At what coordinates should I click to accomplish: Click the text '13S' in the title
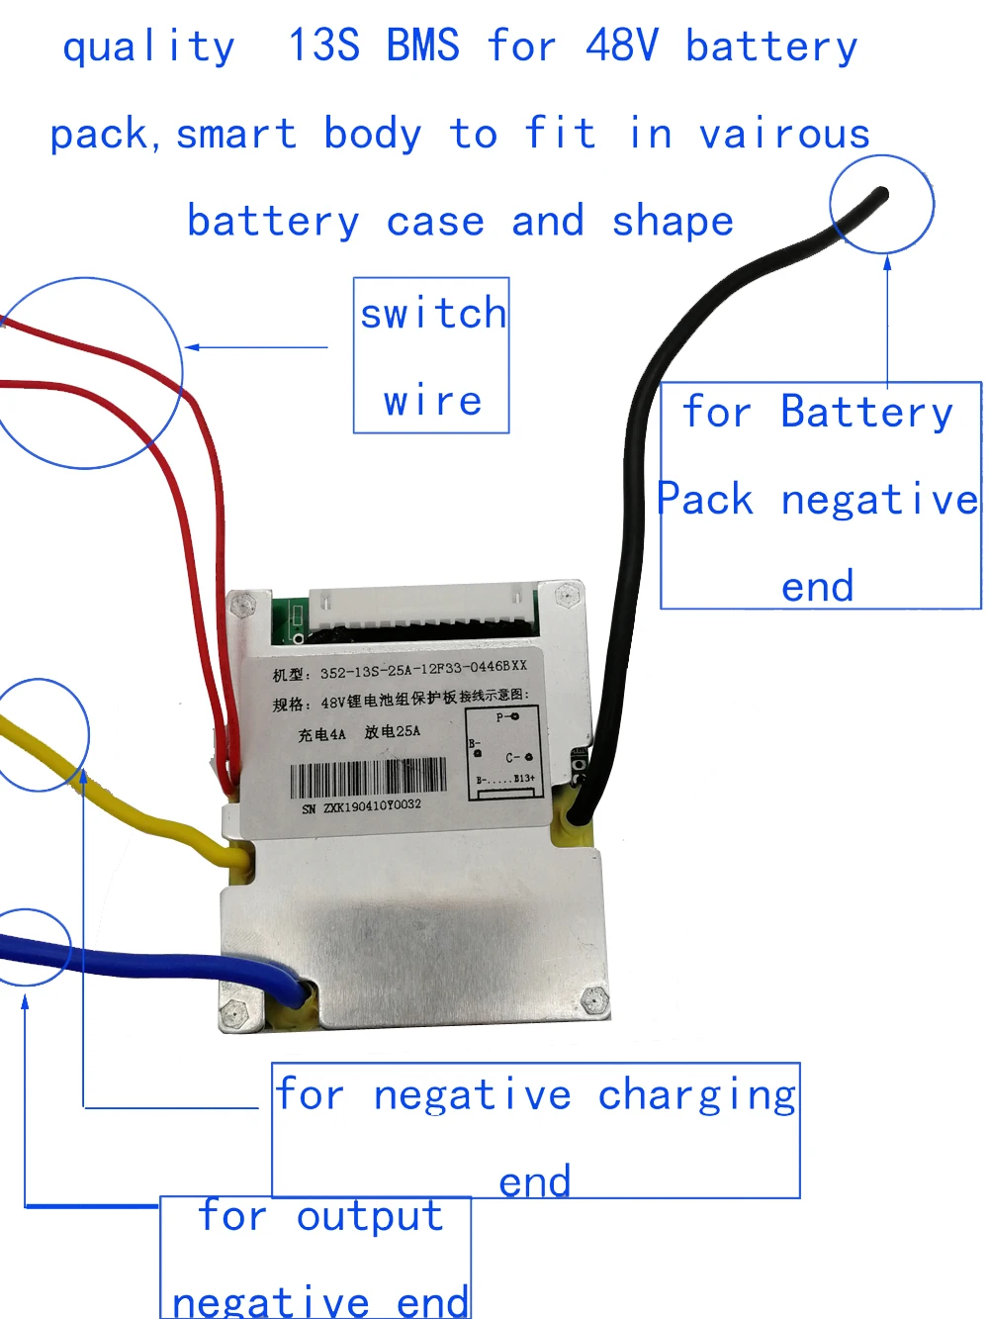coord(323,46)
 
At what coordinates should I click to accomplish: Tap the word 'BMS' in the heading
coord(422,46)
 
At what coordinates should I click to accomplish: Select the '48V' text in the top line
coord(621,46)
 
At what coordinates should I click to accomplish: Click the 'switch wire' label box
coord(431,355)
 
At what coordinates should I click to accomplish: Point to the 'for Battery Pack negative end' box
coord(820,495)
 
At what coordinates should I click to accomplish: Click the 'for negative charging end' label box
coord(535,1130)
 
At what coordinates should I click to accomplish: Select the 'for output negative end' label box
coord(315,1257)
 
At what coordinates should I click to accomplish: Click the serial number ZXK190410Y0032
coord(372,806)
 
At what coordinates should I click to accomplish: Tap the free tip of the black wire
coord(882,194)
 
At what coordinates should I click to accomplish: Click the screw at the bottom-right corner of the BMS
coord(594,1000)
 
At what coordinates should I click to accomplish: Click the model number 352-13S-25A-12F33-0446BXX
coord(423,670)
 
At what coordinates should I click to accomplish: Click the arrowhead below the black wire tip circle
coord(887,263)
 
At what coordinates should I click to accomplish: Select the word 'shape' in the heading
coord(673,222)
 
